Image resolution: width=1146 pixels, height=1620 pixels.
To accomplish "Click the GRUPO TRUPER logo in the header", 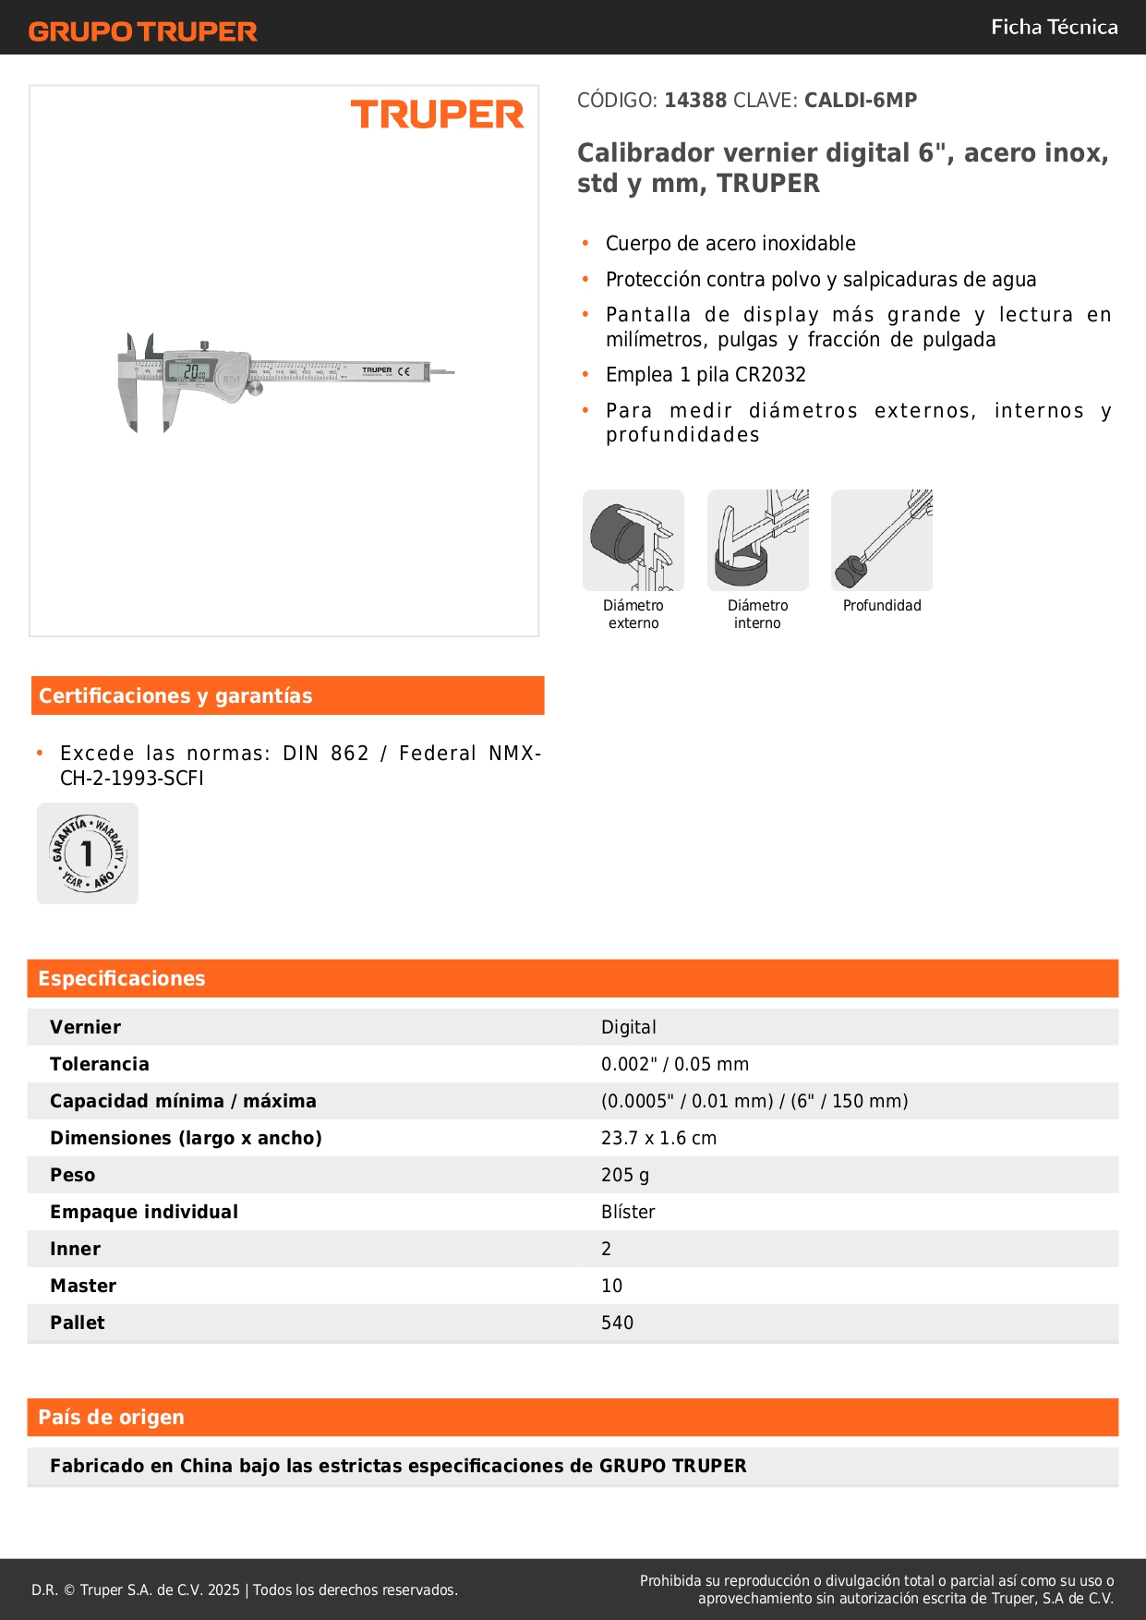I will [142, 31].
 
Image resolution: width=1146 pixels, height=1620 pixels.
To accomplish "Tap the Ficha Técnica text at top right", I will [1054, 27].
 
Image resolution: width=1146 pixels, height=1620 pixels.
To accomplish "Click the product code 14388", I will [695, 100].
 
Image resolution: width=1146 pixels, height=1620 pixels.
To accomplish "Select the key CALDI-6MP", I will [861, 100].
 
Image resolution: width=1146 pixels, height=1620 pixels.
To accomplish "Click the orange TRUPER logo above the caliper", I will [437, 115].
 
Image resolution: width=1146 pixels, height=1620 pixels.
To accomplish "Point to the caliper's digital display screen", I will [191, 371].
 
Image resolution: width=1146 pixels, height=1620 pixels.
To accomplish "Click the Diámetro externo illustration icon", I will [633, 540].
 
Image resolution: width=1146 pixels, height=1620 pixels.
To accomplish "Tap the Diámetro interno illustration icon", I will [757, 540].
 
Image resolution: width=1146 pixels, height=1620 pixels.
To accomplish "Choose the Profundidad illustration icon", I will [882, 540].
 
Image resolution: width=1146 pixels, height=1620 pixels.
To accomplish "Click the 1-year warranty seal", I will [88, 853].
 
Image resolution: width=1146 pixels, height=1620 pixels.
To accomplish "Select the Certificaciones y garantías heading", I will [175, 695].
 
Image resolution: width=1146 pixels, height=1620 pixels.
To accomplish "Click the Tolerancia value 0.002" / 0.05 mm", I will [675, 1064].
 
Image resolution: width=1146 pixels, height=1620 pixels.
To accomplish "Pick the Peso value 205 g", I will [625, 1175].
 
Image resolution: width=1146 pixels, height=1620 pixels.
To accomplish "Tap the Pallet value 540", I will [617, 1323].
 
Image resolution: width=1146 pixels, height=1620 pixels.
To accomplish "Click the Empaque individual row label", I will [144, 1212].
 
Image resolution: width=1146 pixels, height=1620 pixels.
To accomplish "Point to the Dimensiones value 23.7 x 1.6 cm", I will [658, 1138].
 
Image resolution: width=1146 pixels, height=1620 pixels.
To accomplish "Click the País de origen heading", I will [111, 1417].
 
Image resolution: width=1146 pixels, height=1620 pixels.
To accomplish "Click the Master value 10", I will [611, 1286].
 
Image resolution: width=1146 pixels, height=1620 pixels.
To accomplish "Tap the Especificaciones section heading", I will [122, 978].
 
